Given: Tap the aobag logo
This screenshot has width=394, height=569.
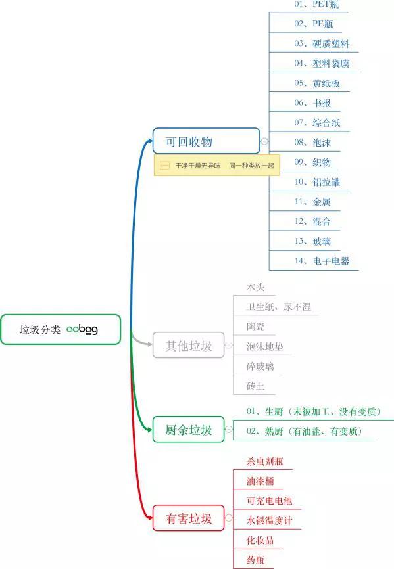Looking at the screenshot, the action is point(82,329).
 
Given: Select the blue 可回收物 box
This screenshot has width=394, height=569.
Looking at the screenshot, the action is point(207,141).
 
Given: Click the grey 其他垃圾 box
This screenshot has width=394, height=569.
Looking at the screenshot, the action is point(189,345).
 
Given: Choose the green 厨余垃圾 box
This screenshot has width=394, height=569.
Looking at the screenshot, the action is point(189,429).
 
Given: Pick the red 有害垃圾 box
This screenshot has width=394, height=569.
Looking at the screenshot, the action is point(189,518).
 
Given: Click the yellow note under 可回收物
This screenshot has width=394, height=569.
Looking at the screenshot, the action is point(217,166).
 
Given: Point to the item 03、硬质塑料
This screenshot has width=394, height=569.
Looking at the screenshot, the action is point(322,44).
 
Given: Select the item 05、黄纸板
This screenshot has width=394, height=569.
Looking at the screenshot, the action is point(317,83).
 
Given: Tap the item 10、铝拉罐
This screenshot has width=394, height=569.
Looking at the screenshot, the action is point(317,182).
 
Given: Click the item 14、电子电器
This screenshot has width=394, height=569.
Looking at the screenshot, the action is point(322,261).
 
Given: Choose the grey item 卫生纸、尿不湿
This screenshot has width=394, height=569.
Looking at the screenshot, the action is point(279,307).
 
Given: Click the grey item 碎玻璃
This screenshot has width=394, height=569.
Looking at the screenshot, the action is point(260,366).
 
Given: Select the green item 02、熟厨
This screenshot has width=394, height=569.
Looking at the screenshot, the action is point(305,431).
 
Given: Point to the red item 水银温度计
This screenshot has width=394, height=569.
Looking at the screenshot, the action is point(270,521).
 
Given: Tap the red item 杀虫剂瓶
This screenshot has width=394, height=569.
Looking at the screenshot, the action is point(265,462).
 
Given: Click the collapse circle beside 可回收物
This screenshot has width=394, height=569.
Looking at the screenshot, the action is point(264,141).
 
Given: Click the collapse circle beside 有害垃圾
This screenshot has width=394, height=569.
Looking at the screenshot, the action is point(229,518).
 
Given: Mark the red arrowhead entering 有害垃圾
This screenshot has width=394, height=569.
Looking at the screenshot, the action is point(149,518).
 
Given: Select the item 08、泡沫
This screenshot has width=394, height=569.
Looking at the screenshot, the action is point(312,143).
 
